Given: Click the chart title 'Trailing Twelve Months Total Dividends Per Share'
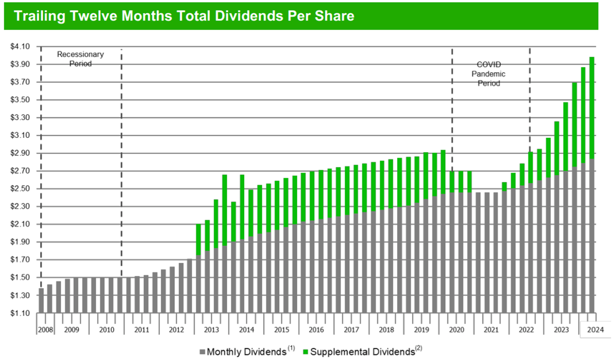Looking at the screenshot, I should pos(184,16).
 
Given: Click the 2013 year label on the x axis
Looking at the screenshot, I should pos(211,330).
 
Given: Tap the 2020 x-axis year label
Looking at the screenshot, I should pos(456,330).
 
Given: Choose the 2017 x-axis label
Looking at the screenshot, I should pos(351,330).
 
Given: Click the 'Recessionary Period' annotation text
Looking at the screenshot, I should pos(81,59).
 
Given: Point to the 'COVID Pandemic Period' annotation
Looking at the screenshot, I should pos(489,74).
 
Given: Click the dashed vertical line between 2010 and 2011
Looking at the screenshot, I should pos(121,165).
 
